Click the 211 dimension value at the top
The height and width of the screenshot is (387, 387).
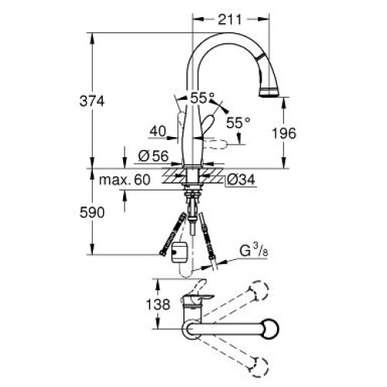[x=230, y=19]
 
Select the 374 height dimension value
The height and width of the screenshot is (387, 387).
[x=92, y=101]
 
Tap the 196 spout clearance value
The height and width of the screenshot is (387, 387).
[x=284, y=133]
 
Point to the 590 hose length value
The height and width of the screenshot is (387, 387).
[x=92, y=213]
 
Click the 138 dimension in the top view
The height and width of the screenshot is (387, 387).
[x=158, y=304]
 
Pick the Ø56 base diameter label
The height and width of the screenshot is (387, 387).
[x=153, y=156]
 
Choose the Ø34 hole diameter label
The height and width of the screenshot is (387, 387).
[x=241, y=180]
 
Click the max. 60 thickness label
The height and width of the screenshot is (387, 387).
[x=125, y=180]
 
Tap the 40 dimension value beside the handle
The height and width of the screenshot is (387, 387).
[x=158, y=131]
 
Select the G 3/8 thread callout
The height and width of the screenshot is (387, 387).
[x=254, y=251]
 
